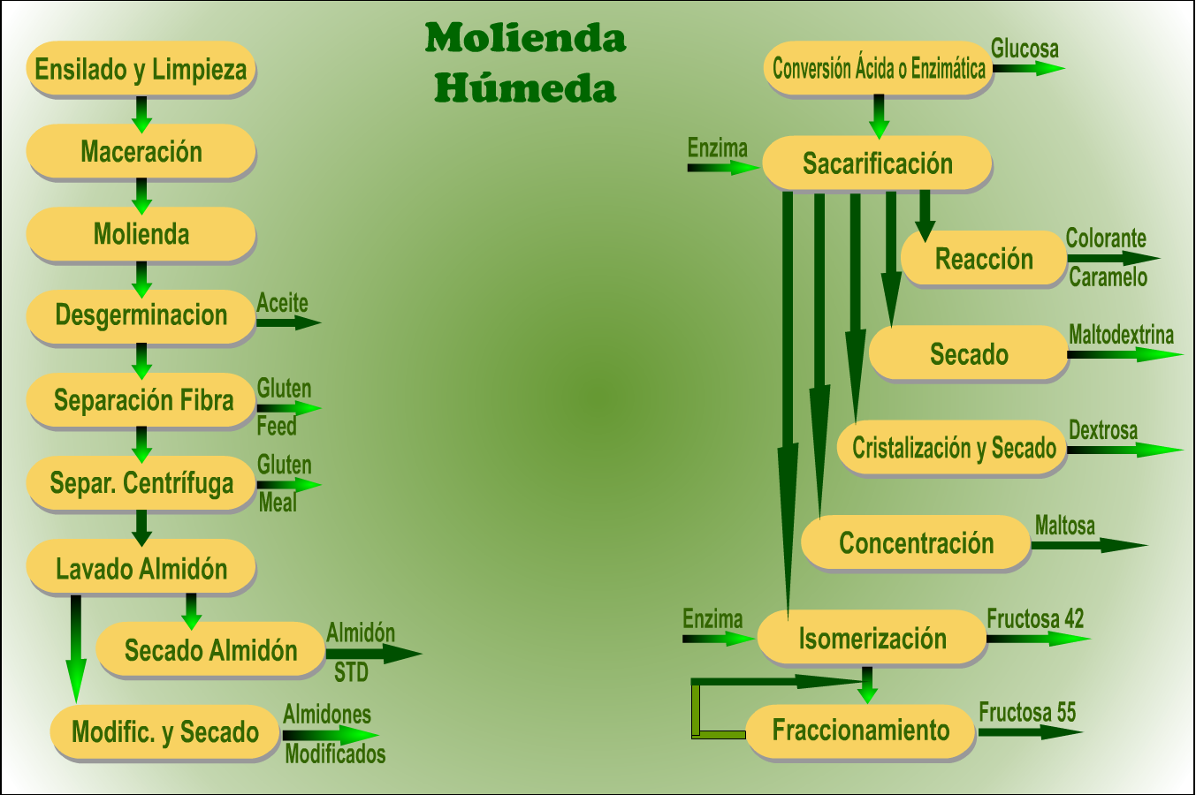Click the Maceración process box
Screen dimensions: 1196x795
point(141,152)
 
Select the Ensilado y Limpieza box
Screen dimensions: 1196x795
point(141,69)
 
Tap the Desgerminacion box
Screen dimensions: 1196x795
point(141,317)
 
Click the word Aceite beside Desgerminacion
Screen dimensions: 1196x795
point(283,303)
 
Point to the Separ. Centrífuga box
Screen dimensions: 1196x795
point(141,483)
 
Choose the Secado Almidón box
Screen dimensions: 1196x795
point(210,650)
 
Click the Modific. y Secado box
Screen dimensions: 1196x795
point(165,732)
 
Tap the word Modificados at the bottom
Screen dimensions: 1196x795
point(335,753)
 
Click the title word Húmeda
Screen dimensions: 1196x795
point(525,87)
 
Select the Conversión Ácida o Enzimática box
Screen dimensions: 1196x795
point(879,68)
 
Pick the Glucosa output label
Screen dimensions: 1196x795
point(1025,49)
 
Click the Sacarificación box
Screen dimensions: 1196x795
point(877,163)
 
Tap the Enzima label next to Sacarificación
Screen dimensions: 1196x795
point(717,148)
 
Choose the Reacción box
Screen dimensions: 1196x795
point(984,259)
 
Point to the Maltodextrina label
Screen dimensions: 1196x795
point(1121,335)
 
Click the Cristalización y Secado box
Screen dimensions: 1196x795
point(952,448)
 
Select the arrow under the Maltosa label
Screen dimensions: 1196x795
point(1089,545)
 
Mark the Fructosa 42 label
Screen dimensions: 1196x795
point(1035,619)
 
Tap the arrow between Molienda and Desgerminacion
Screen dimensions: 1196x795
point(141,279)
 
